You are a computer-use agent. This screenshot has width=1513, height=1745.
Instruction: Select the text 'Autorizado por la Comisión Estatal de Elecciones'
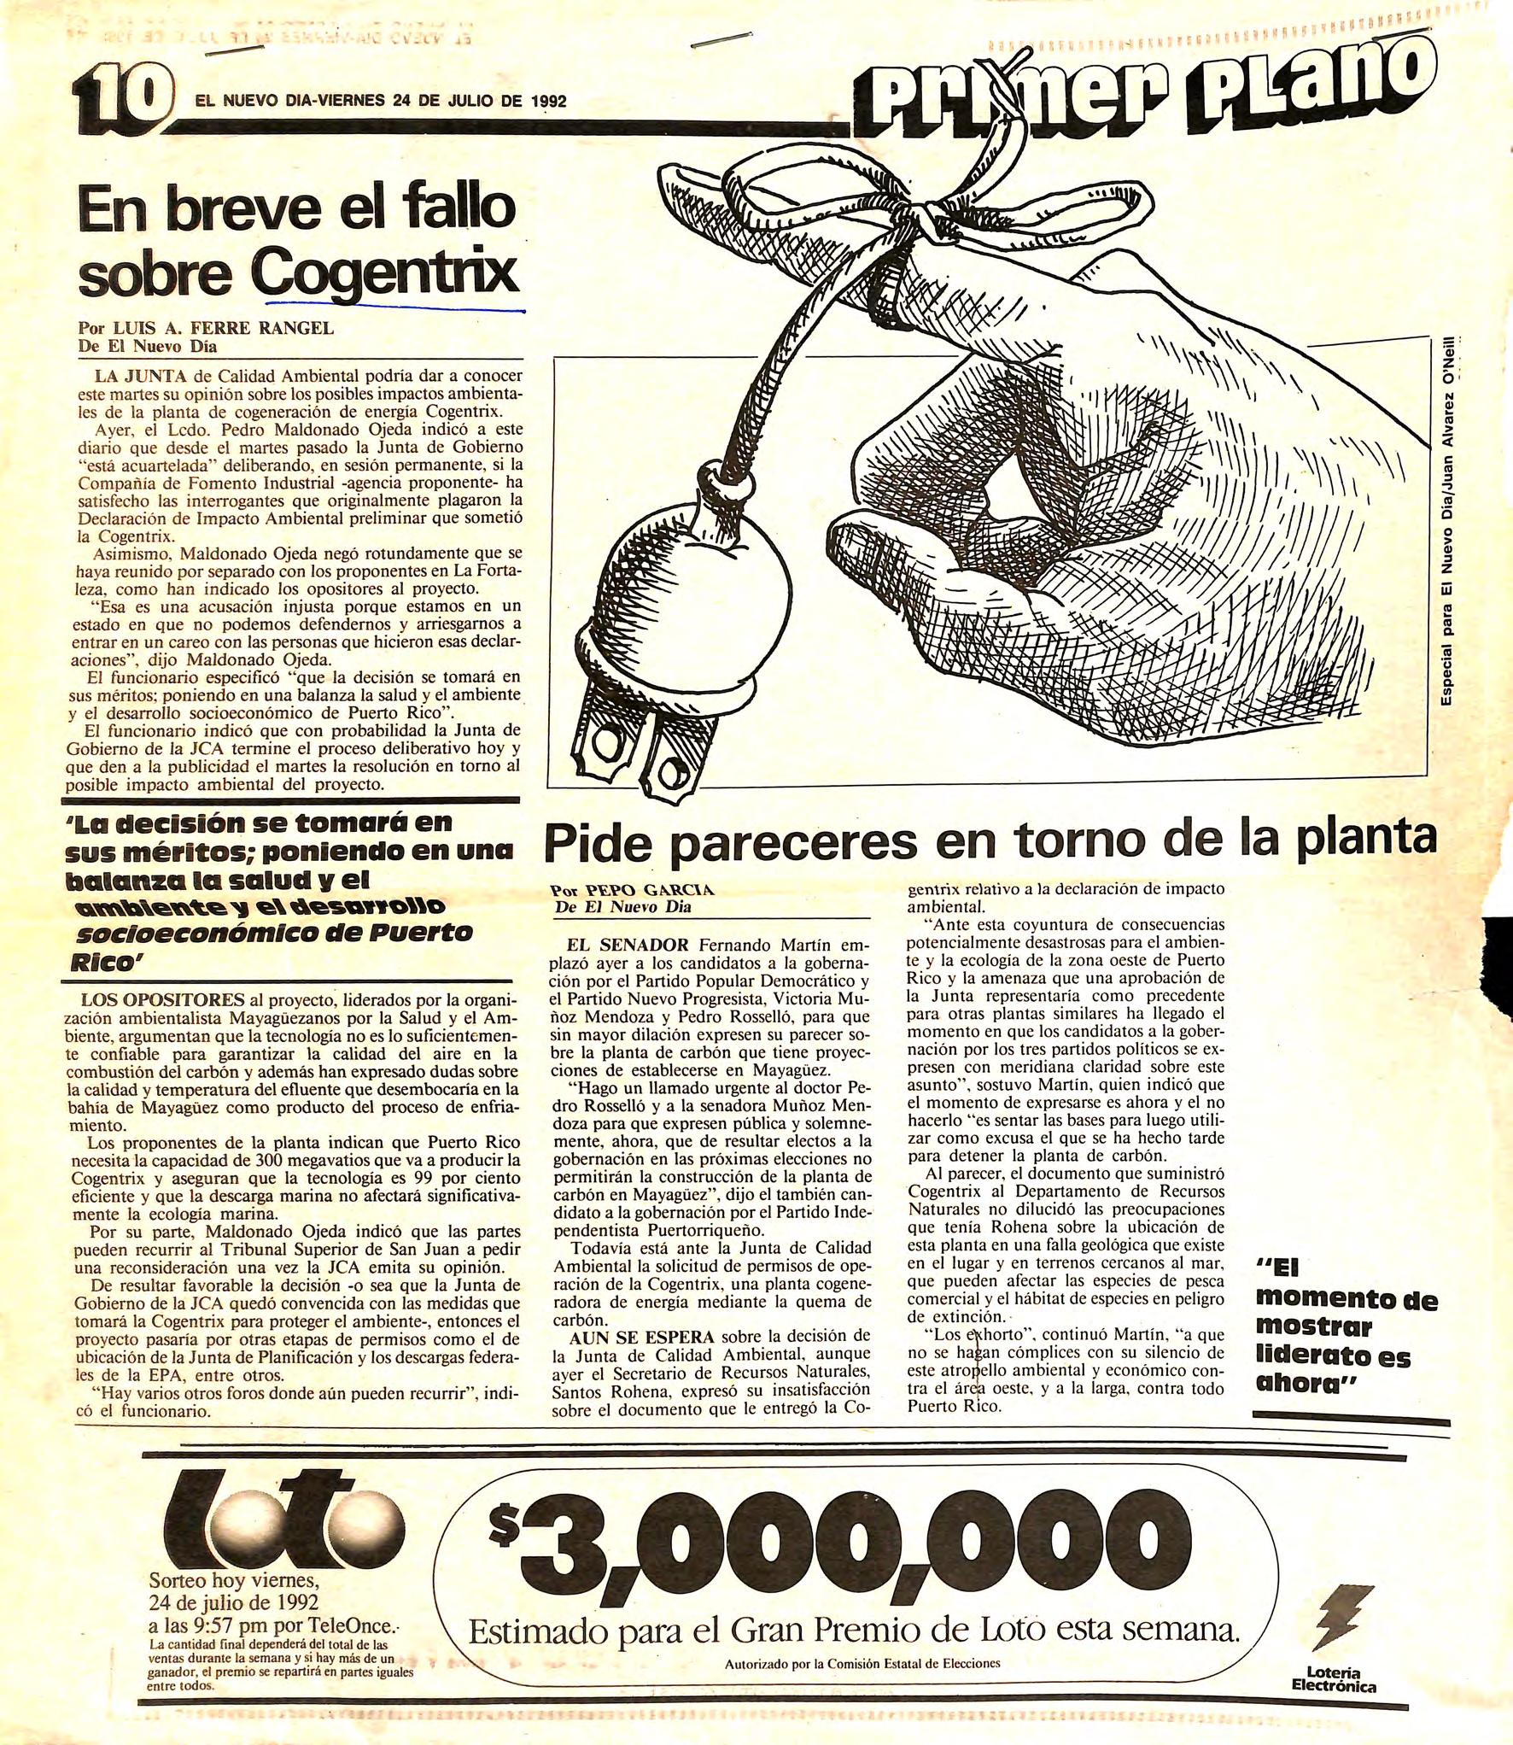click(862, 1663)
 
